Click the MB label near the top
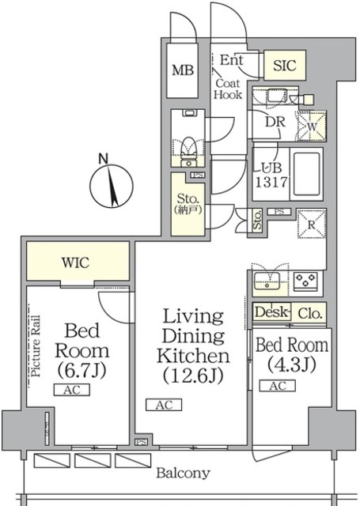183,70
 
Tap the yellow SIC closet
285,65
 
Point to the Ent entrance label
231,60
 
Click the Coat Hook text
228,89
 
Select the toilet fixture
188,152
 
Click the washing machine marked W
312,126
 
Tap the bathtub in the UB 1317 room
306,173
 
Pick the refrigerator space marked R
312,225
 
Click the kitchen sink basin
267,281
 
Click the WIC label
75,262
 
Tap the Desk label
271,312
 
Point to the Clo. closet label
309,313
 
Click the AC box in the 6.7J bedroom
72,390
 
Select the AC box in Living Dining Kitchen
164,405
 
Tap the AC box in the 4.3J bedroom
278,386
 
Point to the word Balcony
183,474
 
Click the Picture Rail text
36,346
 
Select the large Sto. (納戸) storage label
188,204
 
